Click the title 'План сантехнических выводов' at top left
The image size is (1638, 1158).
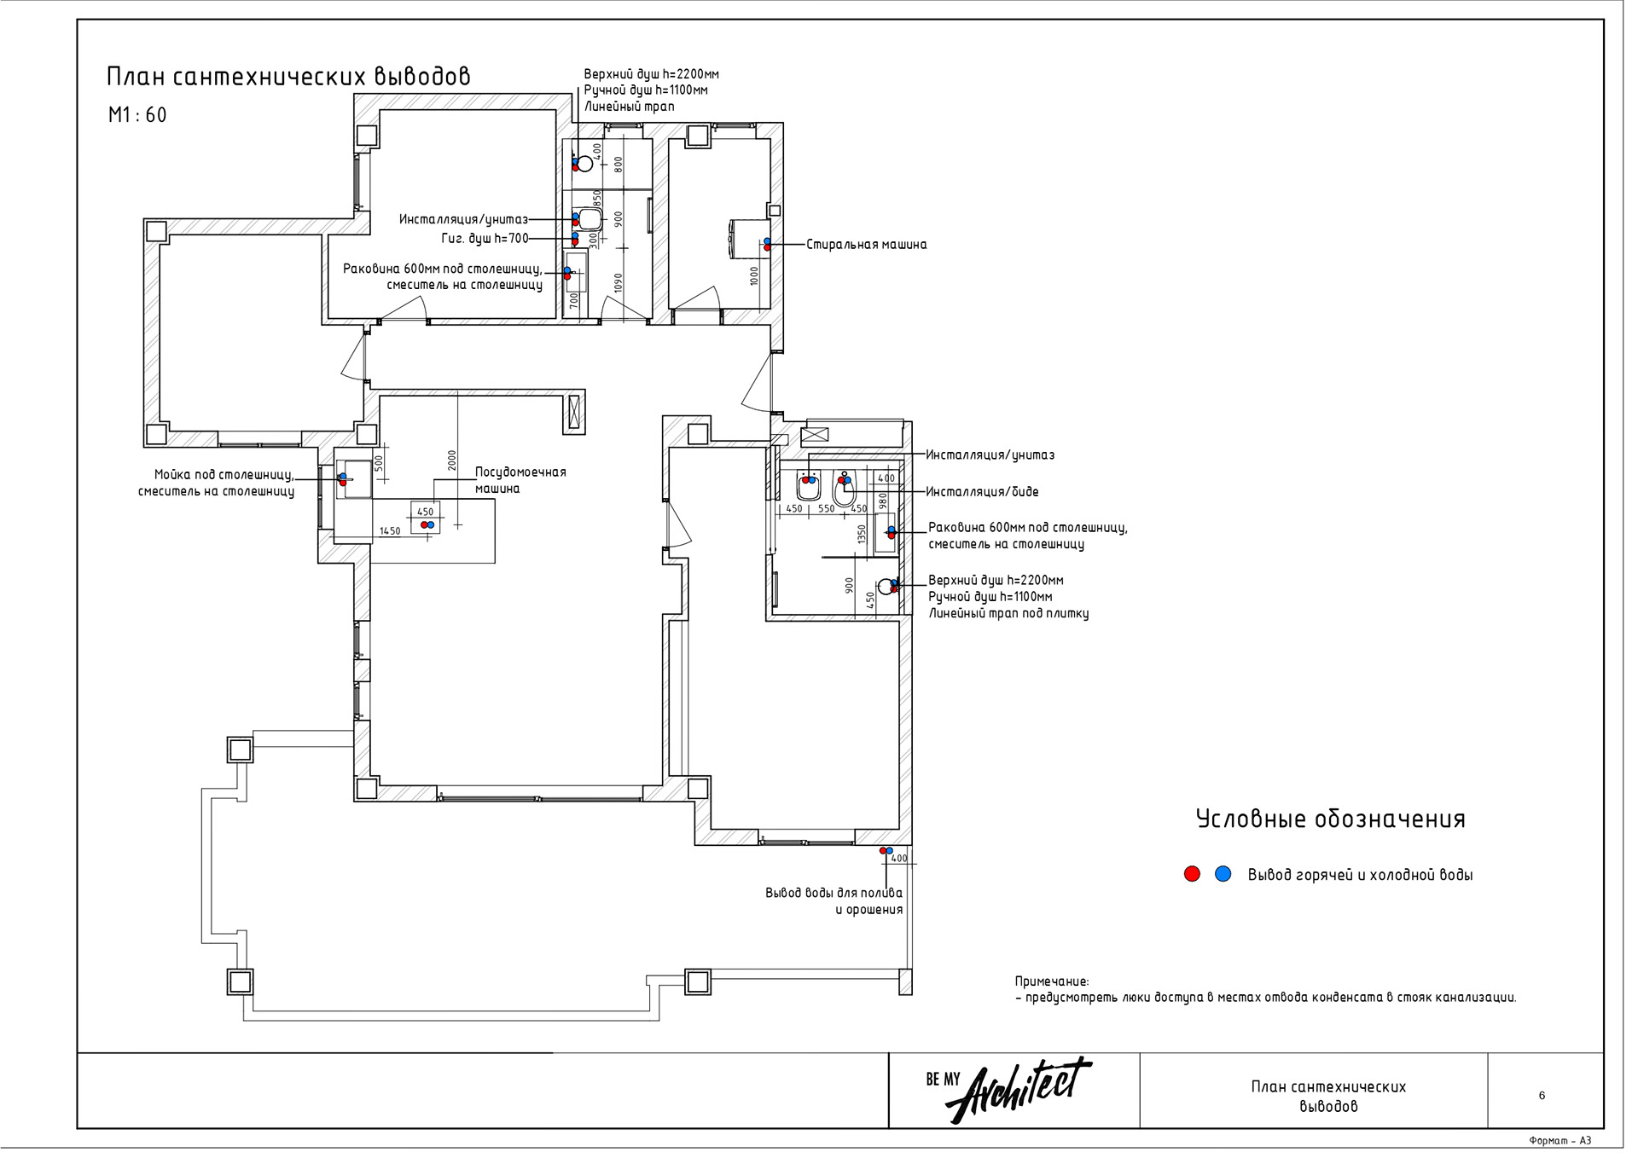tap(288, 77)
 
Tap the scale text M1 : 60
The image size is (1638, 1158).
tap(137, 115)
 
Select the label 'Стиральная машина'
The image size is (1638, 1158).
tap(866, 245)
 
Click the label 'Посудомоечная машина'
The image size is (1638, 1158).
tap(520, 480)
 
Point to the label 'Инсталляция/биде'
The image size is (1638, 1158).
tap(982, 492)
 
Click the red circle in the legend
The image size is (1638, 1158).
tap(1192, 874)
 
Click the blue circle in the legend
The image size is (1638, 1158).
tap(1223, 874)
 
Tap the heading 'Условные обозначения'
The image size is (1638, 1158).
tap(1330, 819)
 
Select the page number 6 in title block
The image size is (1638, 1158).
tap(1541, 1096)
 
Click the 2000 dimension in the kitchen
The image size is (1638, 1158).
tap(452, 460)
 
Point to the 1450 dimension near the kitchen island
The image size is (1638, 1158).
tap(390, 531)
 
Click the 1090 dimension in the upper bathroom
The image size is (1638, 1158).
tap(619, 283)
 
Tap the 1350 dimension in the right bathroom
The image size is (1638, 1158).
tap(862, 535)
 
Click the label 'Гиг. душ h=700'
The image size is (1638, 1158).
tap(485, 239)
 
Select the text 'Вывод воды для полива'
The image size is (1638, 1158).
tap(833, 894)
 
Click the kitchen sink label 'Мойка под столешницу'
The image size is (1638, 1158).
tap(224, 475)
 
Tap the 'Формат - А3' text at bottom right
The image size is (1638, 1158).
tap(1560, 1141)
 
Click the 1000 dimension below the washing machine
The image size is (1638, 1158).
tap(754, 275)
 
